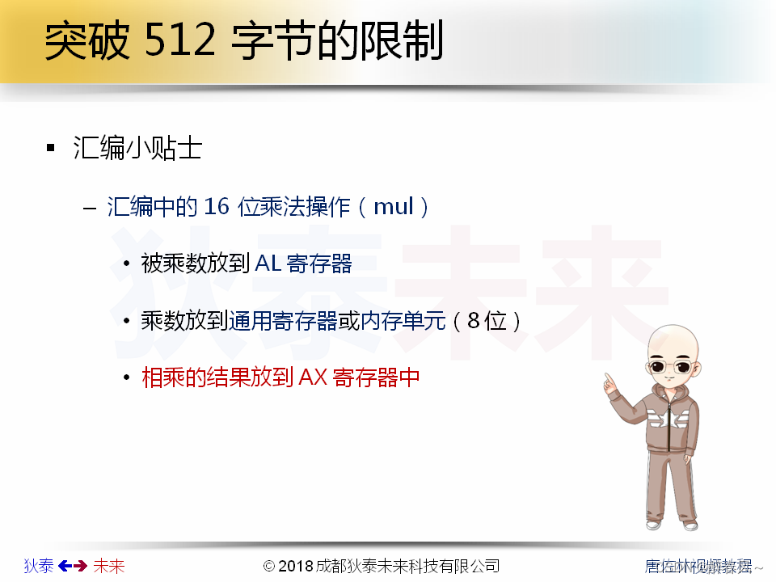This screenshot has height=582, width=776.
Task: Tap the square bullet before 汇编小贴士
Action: [x=51, y=149]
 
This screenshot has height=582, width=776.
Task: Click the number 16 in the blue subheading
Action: [x=217, y=207]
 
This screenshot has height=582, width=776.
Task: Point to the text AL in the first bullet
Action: [x=268, y=264]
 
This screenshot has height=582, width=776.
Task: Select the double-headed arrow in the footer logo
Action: [x=73, y=566]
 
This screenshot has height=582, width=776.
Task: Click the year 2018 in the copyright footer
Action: [x=297, y=566]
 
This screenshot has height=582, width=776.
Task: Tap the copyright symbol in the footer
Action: [x=270, y=566]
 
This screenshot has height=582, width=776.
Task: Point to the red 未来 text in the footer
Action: [x=109, y=566]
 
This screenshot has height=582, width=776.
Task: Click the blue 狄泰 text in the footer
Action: [x=39, y=566]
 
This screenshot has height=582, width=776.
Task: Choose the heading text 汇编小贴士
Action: [x=137, y=149]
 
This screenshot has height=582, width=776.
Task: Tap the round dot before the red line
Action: [x=126, y=378]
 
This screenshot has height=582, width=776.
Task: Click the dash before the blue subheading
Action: [x=90, y=208]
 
